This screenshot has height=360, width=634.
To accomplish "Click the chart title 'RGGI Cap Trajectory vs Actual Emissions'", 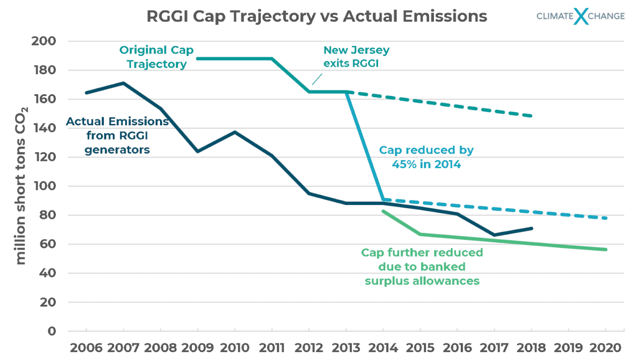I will [x=316, y=16].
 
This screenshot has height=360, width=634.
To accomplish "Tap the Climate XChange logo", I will [x=580, y=16].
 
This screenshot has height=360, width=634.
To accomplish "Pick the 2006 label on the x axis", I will [x=86, y=347].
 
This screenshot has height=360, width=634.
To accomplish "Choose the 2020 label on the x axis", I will [x=605, y=347].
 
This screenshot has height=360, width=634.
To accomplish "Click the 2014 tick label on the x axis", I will [x=383, y=347].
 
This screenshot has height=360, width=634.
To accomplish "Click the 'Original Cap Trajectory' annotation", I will [x=156, y=57].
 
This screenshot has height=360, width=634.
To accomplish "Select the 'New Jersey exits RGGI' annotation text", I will [x=356, y=57].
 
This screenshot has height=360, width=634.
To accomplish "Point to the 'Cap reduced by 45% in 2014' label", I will [x=426, y=157].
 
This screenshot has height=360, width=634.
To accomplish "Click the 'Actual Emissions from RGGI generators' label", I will [x=117, y=135].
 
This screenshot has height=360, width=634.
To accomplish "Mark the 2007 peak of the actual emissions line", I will [x=123, y=83].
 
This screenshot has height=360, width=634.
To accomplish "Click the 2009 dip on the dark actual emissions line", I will [x=198, y=151].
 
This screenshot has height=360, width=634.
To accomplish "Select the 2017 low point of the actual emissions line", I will [x=494, y=235].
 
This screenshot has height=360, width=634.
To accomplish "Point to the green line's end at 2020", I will [x=605, y=249].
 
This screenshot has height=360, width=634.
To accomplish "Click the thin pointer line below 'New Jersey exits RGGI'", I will [x=316, y=79].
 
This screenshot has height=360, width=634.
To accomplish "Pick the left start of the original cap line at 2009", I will [x=198, y=58].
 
